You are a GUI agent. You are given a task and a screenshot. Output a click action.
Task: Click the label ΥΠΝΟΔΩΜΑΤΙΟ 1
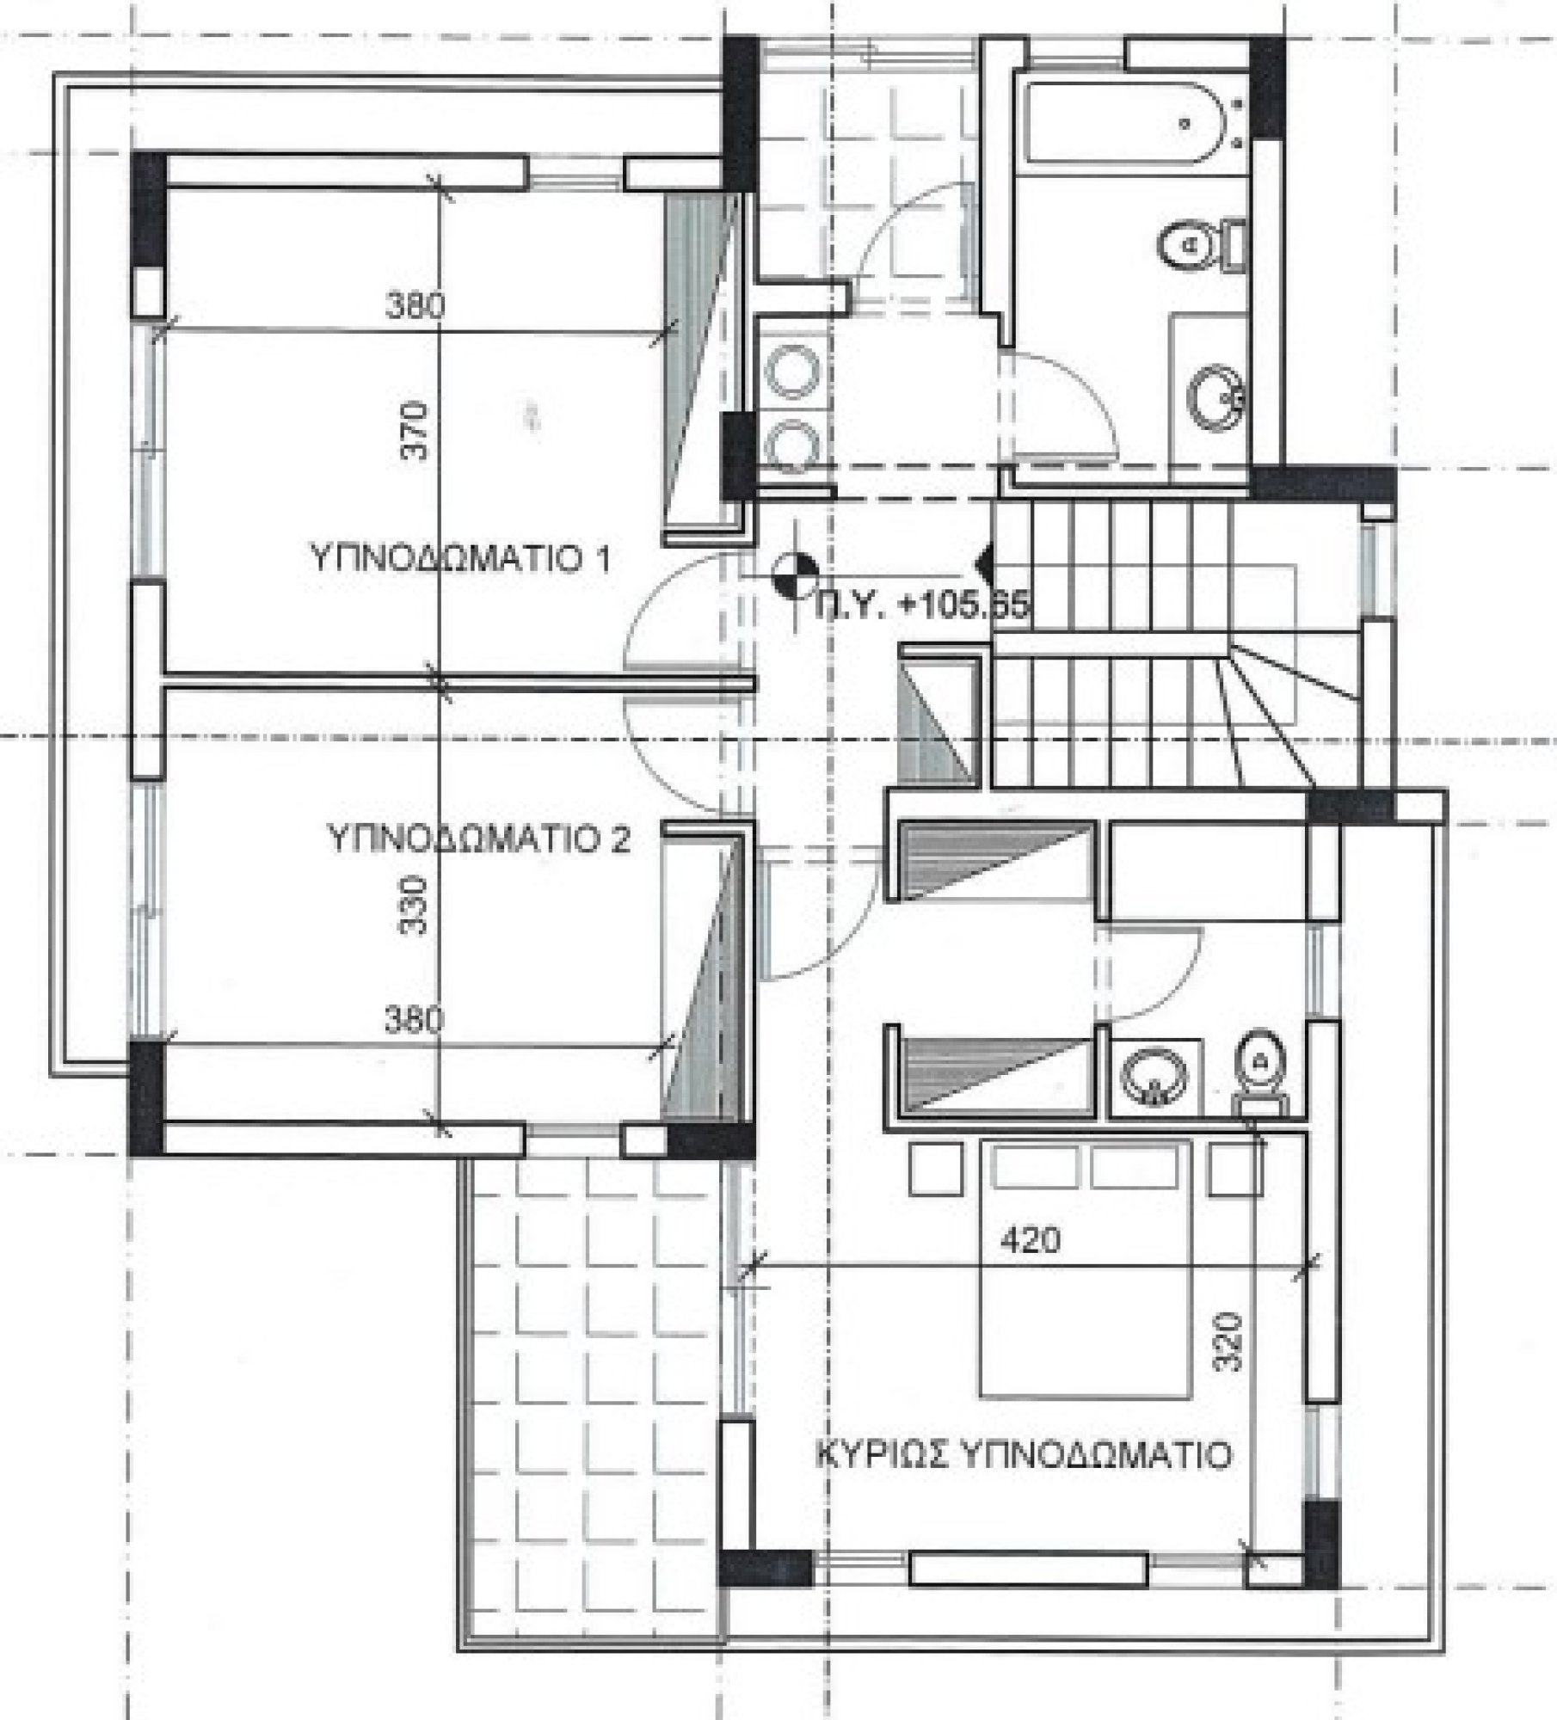(460, 560)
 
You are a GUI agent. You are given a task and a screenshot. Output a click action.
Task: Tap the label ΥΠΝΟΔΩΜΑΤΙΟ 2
(480, 838)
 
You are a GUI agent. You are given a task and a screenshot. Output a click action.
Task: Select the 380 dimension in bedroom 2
(415, 1021)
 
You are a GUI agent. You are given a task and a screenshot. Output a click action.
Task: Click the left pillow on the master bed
(1036, 1168)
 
